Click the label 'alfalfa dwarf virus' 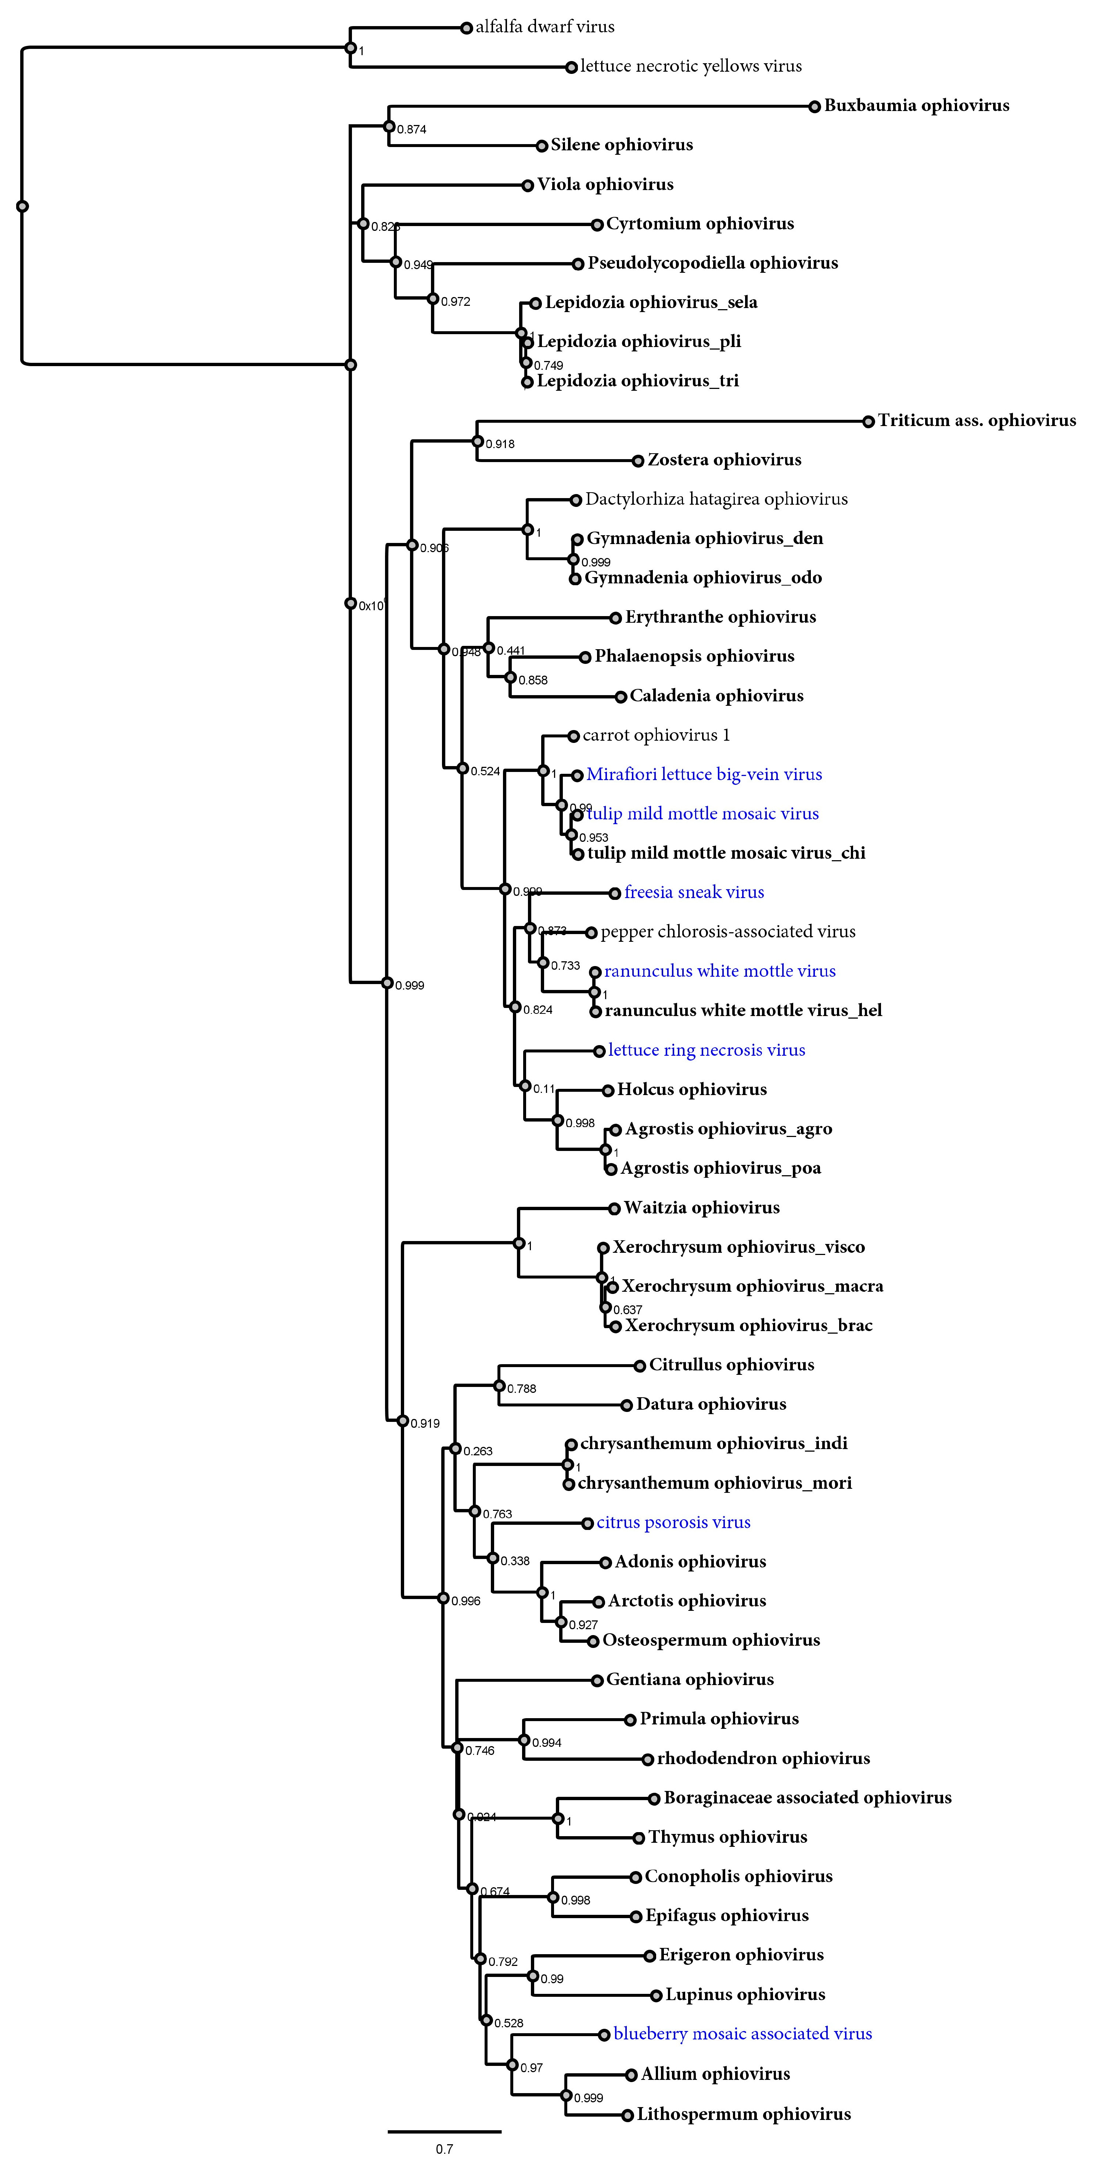[x=545, y=27]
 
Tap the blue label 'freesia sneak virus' [x=694, y=893]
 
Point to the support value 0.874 [x=411, y=129]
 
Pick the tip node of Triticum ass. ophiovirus [x=868, y=422]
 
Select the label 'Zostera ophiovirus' [x=724, y=460]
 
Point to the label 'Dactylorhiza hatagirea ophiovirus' [x=716, y=500]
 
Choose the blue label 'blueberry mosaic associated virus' [x=743, y=2034]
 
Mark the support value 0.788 [x=521, y=1389]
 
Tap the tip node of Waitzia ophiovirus [x=614, y=1209]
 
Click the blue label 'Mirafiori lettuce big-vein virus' [x=704, y=775]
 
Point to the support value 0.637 [x=627, y=1310]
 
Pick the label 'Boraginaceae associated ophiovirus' [x=807, y=1798]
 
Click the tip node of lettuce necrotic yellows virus [x=571, y=67]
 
